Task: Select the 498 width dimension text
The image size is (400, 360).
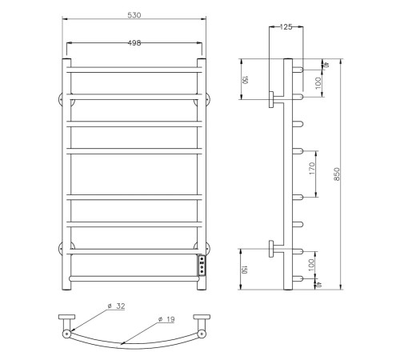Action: [x=134, y=43]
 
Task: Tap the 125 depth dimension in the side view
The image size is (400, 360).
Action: [x=286, y=27]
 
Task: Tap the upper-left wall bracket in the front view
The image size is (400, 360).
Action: [x=62, y=100]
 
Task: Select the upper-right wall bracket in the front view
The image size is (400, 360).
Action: [x=205, y=100]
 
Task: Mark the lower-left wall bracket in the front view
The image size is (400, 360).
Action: [x=62, y=247]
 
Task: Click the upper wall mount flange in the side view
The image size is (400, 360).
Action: [x=272, y=99]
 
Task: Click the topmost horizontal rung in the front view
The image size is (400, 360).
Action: [x=134, y=70]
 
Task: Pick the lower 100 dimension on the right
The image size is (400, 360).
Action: [x=313, y=262]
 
